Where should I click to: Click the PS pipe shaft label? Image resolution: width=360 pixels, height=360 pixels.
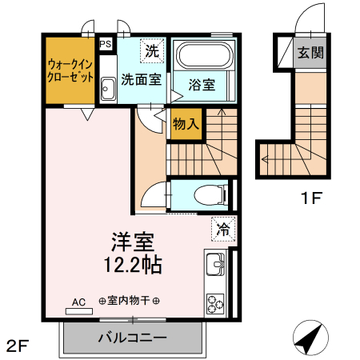pos(106,44)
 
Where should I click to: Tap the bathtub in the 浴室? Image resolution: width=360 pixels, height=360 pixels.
pos(205,56)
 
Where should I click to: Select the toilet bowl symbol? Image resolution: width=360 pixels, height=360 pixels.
pos(210,195)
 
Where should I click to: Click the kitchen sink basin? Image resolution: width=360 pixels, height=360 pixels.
pos(215,264)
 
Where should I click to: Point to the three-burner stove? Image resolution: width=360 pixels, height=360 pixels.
pos(215,304)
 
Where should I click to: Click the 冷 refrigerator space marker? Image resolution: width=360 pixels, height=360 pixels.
pos(223,229)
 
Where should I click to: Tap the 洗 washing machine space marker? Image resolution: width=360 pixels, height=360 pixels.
pos(152,50)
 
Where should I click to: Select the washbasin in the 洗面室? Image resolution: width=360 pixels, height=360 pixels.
pos(108,89)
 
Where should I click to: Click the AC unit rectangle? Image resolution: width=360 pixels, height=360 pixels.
pos(79,311)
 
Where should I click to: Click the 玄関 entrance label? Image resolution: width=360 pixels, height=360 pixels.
pos(310,53)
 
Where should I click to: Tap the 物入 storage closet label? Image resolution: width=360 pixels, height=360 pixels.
pos(186,124)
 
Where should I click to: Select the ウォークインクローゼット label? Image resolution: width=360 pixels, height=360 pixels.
pos(70,70)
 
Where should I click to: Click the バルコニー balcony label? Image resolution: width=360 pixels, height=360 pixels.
pos(133,338)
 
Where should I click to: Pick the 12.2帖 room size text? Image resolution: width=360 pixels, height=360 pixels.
pos(133,265)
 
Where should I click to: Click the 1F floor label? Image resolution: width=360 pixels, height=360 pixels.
pos(312,198)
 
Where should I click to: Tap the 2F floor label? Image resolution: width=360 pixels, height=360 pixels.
pos(18,346)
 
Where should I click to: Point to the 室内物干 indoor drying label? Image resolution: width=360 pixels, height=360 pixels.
pos(129,301)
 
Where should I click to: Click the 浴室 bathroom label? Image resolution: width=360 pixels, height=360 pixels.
pos(202,85)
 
